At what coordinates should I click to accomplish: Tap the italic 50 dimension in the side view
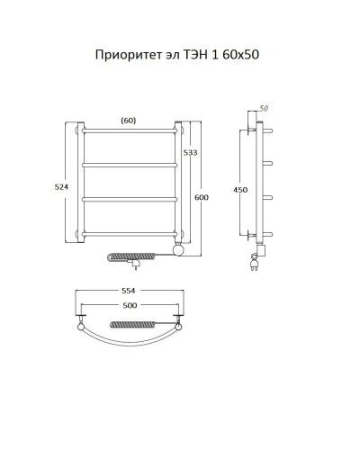tap(265, 109)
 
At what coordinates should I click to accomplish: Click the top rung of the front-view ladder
tap(130, 132)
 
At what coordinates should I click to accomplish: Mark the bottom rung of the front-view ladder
tap(130, 235)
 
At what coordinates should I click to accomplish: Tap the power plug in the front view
tap(136, 265)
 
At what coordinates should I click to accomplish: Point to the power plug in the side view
tap(254, 264)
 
